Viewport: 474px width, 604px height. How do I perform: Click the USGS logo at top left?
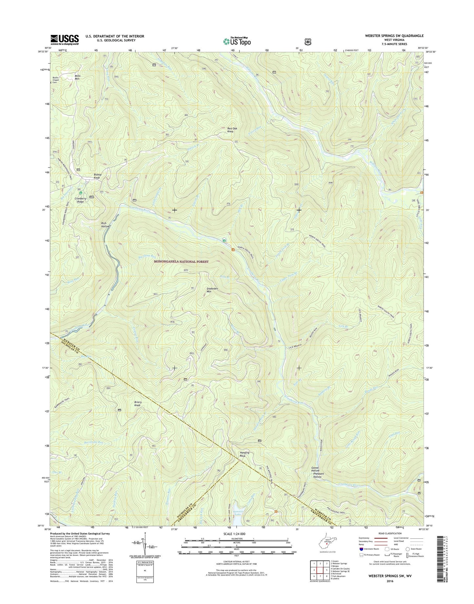(x=64, y=39)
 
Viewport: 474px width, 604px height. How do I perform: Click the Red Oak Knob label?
(x=230, y=130)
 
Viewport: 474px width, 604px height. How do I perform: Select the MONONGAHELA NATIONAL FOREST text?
(x=181, y=262)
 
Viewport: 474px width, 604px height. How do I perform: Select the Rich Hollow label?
(x=105, y=225)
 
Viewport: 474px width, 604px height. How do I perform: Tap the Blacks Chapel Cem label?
(x=58, y=80)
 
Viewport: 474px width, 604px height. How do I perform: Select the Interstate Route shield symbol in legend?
(x=361, y=549)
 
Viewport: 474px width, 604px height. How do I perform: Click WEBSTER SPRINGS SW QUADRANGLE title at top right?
(x=392, y=36)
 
